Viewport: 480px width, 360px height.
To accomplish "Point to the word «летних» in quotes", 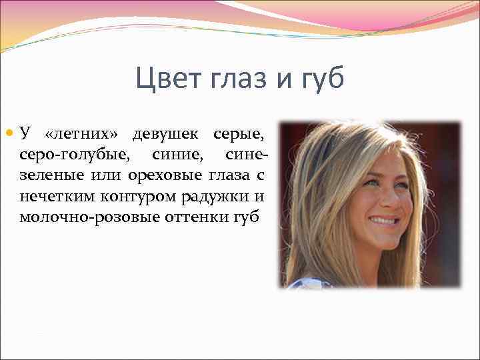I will (83, 134).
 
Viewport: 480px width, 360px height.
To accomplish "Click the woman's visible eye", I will (371, 181).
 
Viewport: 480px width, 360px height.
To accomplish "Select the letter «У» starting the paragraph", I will (25, 134).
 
